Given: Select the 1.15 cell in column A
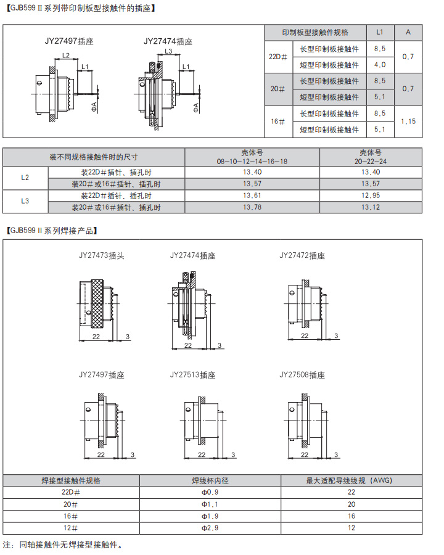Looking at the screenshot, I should (408, 121).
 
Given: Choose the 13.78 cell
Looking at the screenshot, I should (252, 207).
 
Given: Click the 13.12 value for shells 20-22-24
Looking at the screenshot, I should (371, 207).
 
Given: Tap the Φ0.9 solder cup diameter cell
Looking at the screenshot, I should (210, 492).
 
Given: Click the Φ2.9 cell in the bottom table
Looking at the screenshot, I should (210, 528).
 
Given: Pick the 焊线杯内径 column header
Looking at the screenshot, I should (210, 480).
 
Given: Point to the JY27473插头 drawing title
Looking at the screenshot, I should (101, 255).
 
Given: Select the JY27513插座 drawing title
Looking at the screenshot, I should (192, 375).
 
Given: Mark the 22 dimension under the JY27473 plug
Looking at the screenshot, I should (96, 336).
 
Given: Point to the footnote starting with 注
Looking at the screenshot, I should (62, 545).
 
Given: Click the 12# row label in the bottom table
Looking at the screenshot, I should (70, 528).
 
